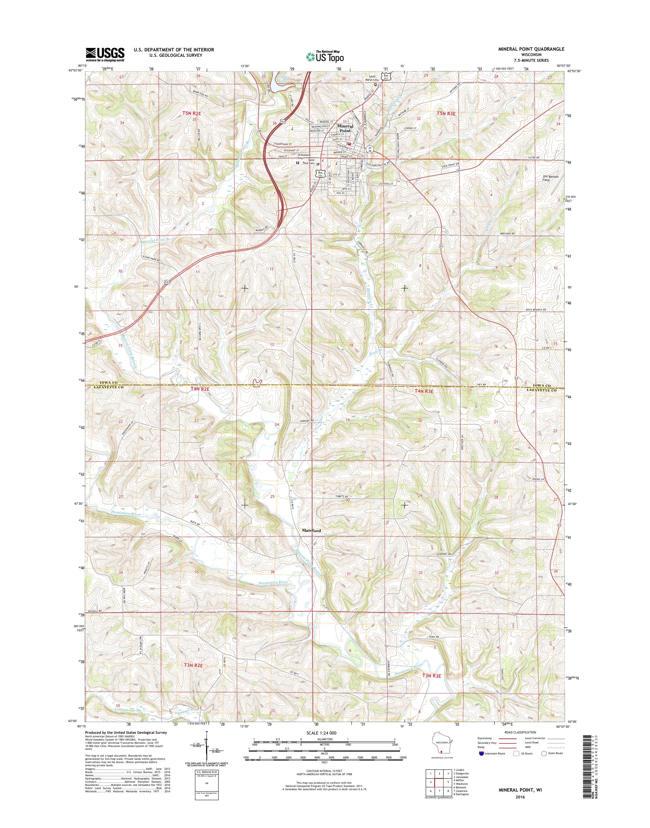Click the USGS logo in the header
point(105,54)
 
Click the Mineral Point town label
point(345,128)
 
